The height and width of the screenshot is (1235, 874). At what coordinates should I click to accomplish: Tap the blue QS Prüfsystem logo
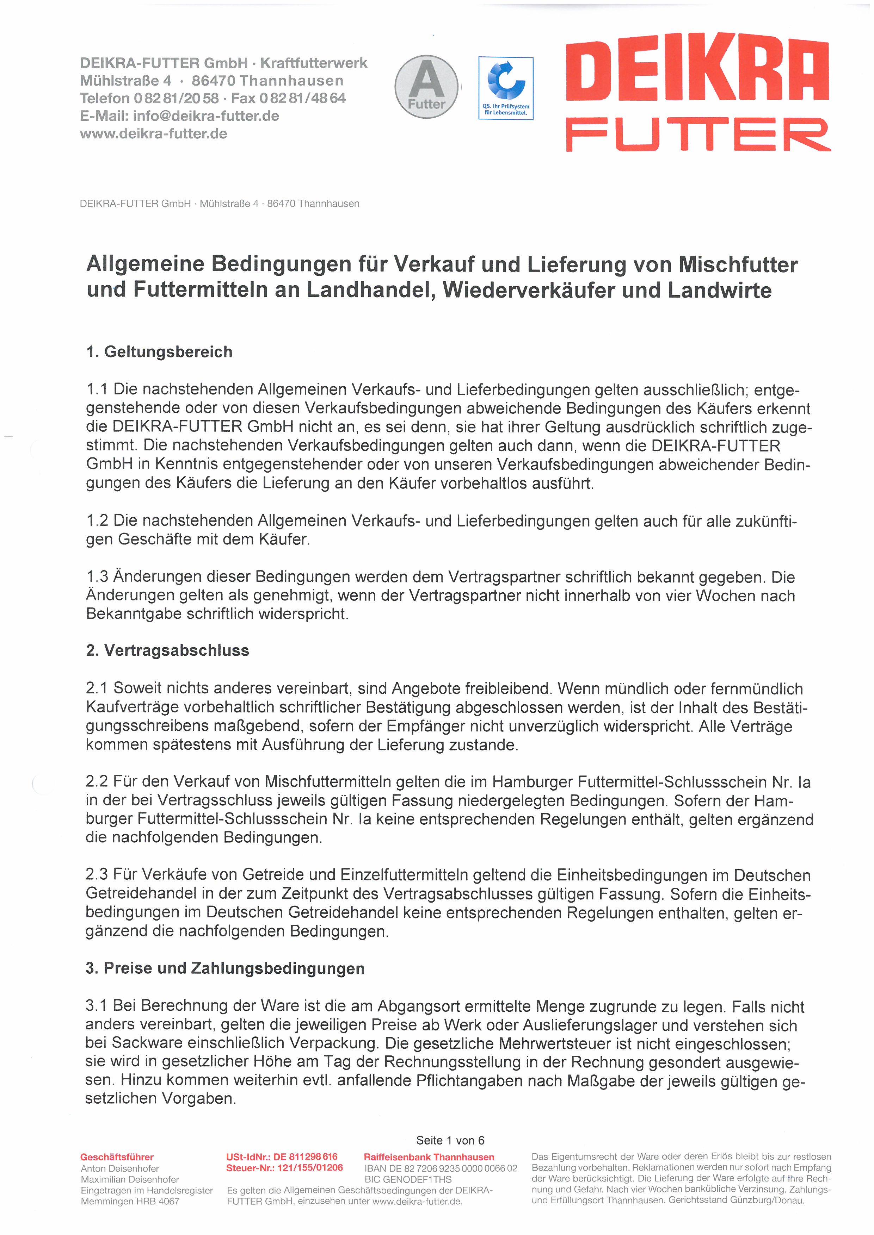point(505,88)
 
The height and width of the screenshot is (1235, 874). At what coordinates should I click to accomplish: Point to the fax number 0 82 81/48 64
point(302,99)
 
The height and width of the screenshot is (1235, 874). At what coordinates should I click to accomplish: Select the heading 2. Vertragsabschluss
point(167,650)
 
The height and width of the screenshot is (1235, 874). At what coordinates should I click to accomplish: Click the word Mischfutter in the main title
point(738,265)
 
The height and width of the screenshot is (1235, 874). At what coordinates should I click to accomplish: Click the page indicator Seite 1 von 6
point(450,1140)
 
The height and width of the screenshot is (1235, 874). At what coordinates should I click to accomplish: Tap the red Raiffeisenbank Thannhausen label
point(429,1157)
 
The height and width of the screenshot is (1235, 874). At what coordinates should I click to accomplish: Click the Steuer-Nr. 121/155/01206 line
point(284,1168)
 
